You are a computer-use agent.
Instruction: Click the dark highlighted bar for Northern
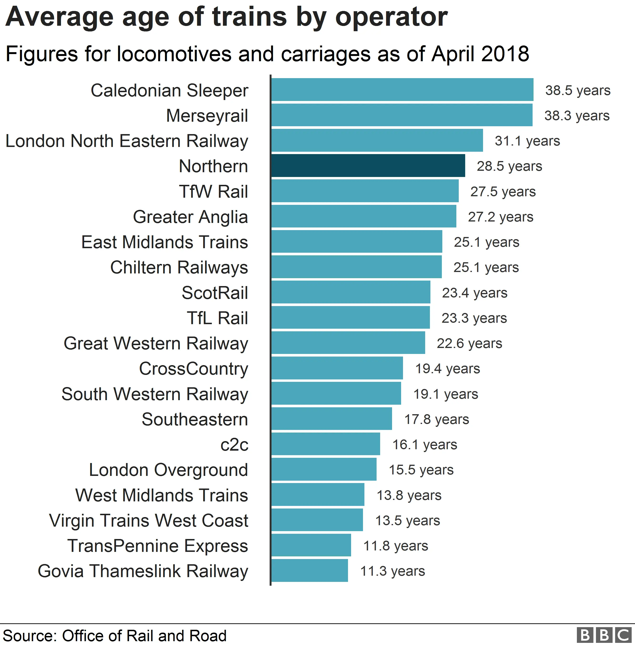click(x=368, y=166)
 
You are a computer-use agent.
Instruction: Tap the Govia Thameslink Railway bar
click(x=309, y=571)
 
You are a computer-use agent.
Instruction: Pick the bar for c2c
click(x=326, y=444)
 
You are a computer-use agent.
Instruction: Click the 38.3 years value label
click(x=577, y=116)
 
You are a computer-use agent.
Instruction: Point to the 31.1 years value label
click(x=527, y=141)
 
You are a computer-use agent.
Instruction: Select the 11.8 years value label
click(x=396, y=546)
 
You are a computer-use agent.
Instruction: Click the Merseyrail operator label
click(x=207, y=116)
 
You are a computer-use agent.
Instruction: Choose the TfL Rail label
click(x=217, y=318)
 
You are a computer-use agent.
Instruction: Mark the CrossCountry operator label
click(x=193, y=368)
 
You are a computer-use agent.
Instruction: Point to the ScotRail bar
click(x=351, y=292)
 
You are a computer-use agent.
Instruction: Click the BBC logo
click(x=604, y=635)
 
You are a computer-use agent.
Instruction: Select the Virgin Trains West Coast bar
click(x=317, y=520)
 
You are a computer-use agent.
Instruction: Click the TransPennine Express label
click(x=158, y=546)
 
